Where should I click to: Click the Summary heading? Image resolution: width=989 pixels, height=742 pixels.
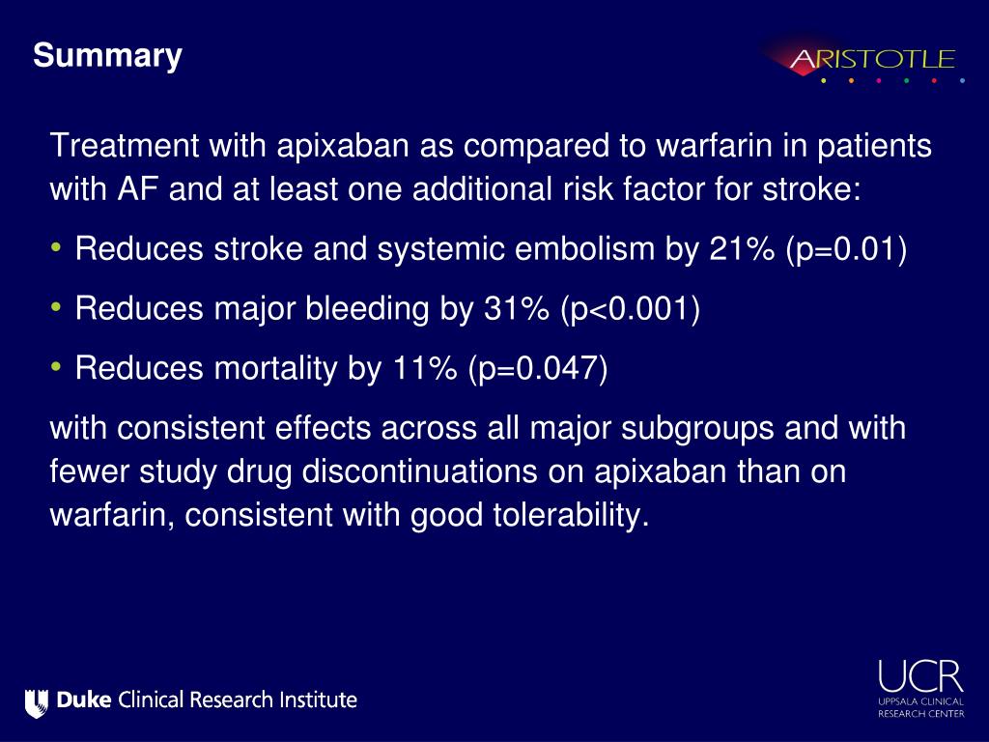coord(107,56)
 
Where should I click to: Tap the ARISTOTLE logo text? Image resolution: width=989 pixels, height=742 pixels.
coord(872,60)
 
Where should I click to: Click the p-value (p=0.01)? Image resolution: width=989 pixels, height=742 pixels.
coord(846,250)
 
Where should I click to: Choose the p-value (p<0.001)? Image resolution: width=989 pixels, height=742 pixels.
coord(629,309)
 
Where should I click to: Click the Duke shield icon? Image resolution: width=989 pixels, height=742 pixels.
coord(37,700)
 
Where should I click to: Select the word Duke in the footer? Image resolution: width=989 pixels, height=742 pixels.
coord(84,700)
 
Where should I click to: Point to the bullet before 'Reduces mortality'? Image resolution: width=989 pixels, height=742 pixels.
coord(57,367)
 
